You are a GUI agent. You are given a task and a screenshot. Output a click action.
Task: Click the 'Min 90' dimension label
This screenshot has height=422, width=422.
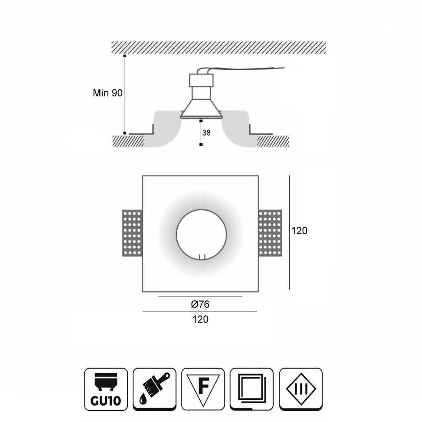108,93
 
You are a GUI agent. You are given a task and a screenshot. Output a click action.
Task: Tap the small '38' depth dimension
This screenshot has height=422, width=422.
206,133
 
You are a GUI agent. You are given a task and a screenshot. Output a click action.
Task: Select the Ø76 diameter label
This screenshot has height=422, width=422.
200,304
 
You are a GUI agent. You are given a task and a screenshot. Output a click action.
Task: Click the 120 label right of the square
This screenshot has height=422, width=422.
299,231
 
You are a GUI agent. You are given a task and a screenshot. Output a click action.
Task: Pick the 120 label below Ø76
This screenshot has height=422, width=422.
200,319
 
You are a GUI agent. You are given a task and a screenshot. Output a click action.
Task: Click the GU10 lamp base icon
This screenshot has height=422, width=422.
106,389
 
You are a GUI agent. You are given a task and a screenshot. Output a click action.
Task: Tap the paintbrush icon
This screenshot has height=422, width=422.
155,389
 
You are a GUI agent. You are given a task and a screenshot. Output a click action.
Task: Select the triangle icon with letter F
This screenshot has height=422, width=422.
203,389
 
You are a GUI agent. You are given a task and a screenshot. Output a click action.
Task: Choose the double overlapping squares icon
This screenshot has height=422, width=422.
252,389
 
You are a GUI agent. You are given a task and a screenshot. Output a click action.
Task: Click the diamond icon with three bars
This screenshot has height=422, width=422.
301,389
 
